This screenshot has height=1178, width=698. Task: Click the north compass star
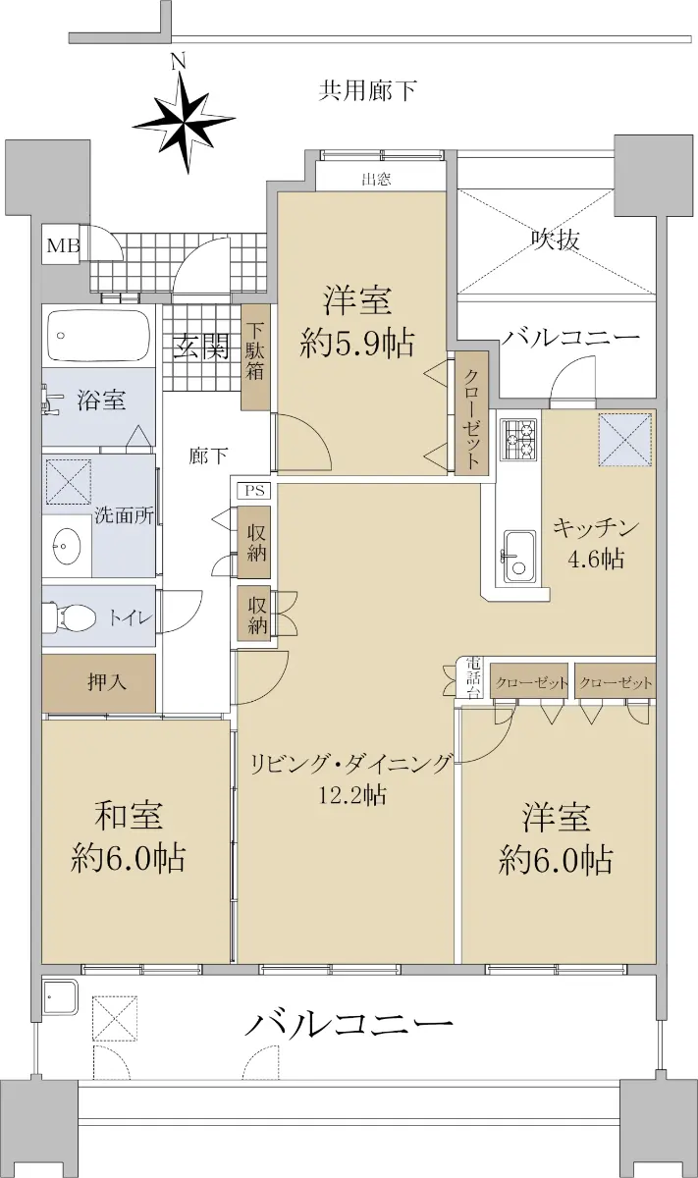click(184, 124)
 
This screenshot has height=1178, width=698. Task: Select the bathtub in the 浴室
click(98, 335)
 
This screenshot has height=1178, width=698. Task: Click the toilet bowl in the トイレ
click(69, 616)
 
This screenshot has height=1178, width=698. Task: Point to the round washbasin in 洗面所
click(67, 547)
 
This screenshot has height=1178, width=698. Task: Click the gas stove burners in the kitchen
click(518, 439)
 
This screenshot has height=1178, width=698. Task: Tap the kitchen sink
click(519, 557)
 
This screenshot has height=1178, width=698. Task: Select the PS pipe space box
click(256, 491)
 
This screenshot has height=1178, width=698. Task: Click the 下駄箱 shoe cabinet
click(255, 357)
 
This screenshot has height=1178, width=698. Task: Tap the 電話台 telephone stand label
click(473, 676)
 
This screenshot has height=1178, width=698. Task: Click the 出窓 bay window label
click(376, 180)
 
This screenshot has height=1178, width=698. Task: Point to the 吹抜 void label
click(555, 241)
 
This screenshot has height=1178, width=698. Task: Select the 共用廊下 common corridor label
click(368, 91)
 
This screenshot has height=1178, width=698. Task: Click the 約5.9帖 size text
click(357, 344)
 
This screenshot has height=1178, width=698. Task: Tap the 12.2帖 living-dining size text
click(352, 794)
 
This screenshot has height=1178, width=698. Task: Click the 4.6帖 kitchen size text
click(596, 559)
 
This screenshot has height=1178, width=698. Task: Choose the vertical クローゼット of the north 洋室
click(472, 414)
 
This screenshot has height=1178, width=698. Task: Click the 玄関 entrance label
click(201, 348)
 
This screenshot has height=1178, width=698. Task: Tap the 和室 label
click(129, 816)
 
